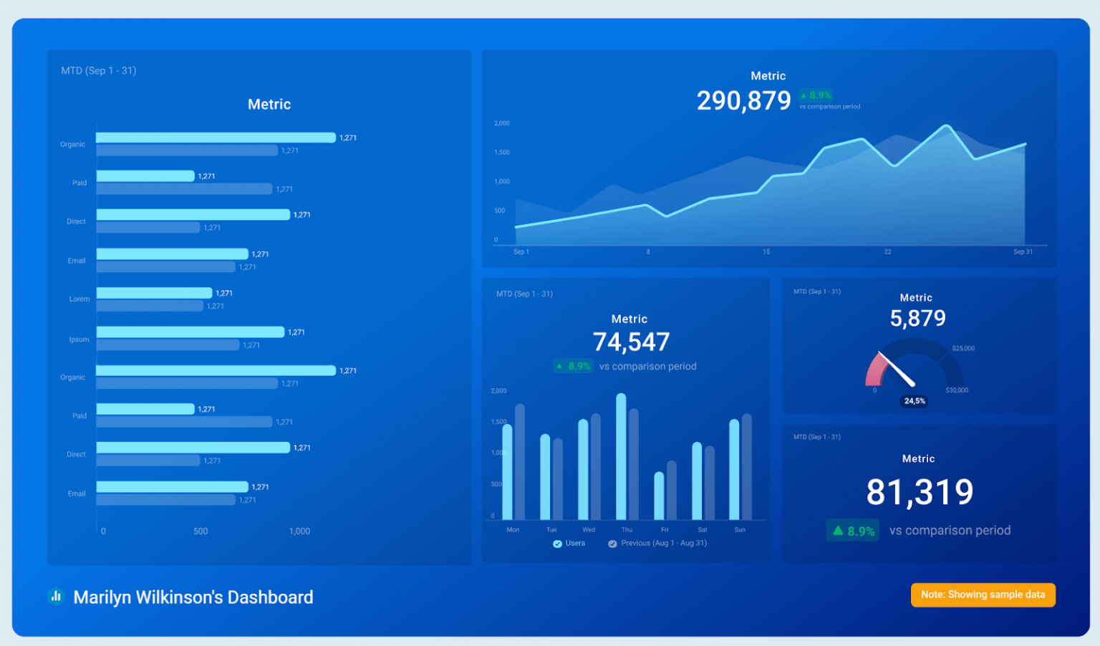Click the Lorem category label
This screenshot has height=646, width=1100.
click(79, 299)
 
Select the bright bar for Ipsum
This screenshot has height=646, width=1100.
click(190, 332)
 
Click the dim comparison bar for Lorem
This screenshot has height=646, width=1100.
click(150, 306)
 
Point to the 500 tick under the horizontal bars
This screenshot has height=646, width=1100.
click(201, 531)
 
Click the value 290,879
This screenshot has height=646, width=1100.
click(743, 101)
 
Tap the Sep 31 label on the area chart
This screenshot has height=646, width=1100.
click(1023, 252)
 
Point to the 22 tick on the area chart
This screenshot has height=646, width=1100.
click(887, 252)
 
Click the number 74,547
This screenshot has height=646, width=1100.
click(631, 342)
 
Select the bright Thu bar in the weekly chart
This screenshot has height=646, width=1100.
click(621, 456)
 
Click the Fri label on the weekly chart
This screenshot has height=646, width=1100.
click(665, 530)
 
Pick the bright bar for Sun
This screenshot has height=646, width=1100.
click(734, 469)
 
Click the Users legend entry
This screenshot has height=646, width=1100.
click(569, 544)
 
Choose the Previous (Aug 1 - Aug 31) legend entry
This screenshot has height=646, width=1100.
click(657, 544)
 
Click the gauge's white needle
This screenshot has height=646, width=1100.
click(897, 370)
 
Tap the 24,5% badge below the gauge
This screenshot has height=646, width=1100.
click(915, 401)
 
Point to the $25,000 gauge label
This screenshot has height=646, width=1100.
click(963, 349)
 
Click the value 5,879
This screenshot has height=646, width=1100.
click(917, 319)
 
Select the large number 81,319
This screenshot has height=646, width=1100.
click(920, 493)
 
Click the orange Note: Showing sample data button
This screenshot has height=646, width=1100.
click(983, 594)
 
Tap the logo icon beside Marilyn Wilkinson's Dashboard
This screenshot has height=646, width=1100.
click(56, 597)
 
